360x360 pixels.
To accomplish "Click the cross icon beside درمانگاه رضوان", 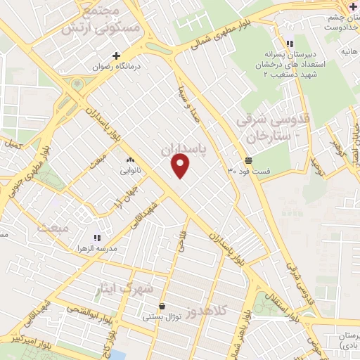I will [x=117, y=56].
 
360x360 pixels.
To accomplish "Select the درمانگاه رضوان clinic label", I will [x=116, y=67].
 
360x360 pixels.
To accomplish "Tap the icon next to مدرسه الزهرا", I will [x=98, y=237].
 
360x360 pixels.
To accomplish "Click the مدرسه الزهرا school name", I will [x=98, y=249].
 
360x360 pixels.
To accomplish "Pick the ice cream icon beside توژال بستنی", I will [x=163, y=307].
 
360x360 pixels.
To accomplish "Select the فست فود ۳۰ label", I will [x=249, y=171].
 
